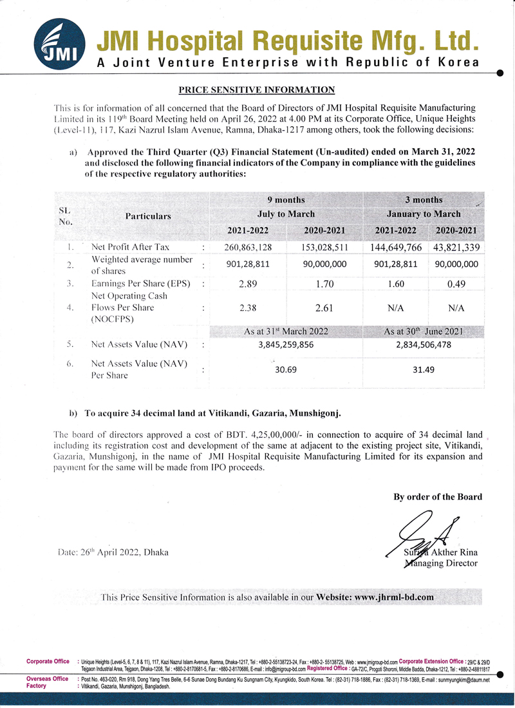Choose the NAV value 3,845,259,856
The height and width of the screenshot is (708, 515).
click(x=286, y=344)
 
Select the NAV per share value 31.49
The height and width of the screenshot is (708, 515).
click(x=424, y=369)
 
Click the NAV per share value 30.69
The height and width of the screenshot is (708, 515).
click(x=286, y=369)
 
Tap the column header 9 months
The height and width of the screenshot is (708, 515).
click(x=286, y=200)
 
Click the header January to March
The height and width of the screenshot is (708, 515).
click(x=424, y=214)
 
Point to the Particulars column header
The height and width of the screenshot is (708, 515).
click(x=148, y=216)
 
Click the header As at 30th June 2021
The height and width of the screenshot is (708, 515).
click(x=424, y=331)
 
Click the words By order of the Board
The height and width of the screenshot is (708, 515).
click(x=438, y=496)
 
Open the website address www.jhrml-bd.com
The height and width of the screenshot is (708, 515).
click(x=393, y=597)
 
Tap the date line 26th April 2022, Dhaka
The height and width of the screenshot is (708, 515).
click(x=114, y=552)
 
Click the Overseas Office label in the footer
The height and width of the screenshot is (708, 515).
click(x=47, y=679)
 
